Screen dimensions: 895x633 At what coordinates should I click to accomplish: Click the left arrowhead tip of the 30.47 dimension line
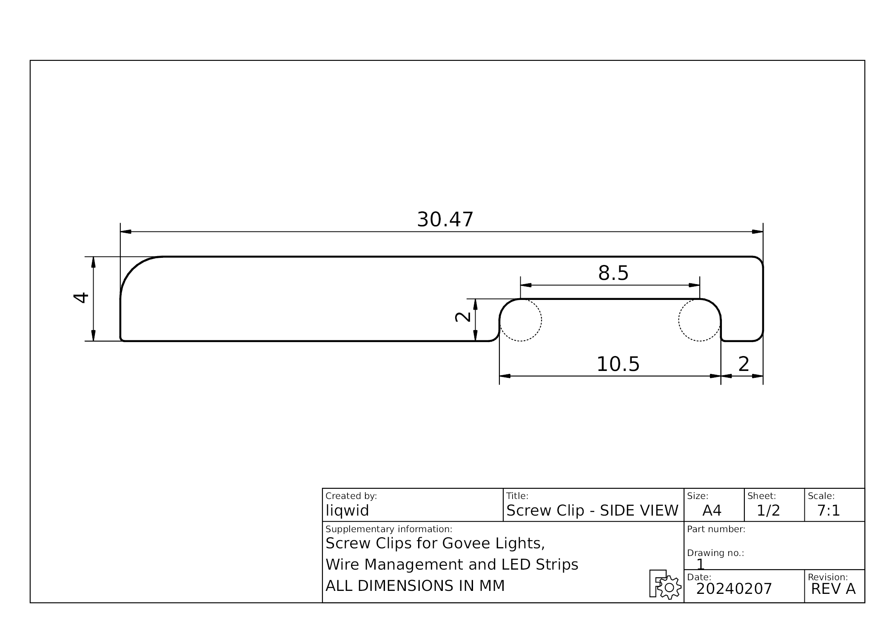(x=121, y=232)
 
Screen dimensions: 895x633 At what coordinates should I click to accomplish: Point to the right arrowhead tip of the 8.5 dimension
(x=699, y=285)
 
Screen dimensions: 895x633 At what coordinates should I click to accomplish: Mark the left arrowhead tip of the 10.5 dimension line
(x=500, y=376)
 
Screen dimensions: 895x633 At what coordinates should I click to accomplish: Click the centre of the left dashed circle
(x=520, y=320)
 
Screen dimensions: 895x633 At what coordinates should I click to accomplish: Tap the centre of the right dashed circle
(x=700, y=320)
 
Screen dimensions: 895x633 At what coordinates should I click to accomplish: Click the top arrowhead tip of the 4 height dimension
(x=94, y=257)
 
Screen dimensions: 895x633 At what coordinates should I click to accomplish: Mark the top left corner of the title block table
(x=322, y=488)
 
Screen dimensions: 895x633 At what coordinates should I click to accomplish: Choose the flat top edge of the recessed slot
(x=610, y=299)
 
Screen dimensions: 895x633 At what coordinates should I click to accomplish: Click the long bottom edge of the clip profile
(x=306, y=341)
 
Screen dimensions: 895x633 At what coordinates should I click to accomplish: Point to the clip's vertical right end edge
(x=763, y=299)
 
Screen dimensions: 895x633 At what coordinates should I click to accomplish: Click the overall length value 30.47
(x=445, y=220)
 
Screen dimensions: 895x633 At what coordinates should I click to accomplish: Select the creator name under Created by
(x=347, y=510)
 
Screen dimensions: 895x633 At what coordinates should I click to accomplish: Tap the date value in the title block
(x=734, y=589)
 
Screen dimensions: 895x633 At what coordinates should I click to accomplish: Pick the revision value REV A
(x=833, y=589)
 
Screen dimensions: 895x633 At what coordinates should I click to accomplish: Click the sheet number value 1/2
(x=768, y=510)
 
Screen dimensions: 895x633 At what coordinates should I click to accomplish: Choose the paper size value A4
(x=712, y=510)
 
